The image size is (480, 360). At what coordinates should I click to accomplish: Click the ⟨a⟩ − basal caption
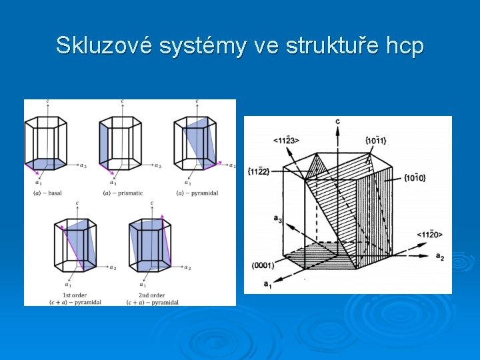(x=47, y=193)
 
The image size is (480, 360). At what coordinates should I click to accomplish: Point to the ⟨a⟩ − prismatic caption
(x=123, y=193)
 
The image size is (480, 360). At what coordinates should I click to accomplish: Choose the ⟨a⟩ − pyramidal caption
(x=198, y=193)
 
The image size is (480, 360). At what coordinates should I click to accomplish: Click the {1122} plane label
(x=258, y=171)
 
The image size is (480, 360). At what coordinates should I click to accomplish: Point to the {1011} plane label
(x=376, y=139)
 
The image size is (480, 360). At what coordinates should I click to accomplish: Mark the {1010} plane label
(x=415, y=177)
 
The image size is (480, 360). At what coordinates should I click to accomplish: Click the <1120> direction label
(x=429, y=234)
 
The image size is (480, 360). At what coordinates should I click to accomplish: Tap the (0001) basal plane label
(x=263, y=265)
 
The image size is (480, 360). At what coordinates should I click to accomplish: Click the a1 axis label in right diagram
(x=267, y=285)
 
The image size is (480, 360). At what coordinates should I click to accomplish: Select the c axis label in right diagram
(x=337, y=122)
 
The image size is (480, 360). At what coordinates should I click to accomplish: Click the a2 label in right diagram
(x=440, y=257)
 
